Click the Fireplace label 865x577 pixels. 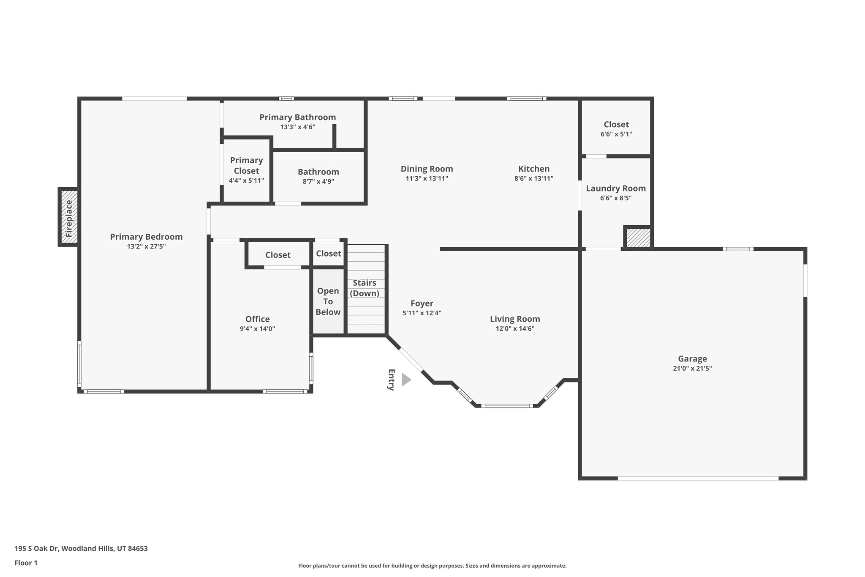pos(69,218)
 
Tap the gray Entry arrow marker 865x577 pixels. pos(406,380)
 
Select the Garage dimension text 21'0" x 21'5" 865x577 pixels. pos(692,368)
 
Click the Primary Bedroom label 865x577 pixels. pos(146,237)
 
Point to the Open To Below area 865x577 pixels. pos(328,301)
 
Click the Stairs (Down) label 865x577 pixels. pos(364,288)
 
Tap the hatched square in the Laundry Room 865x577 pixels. pos(638,238)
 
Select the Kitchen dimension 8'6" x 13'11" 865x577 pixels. pos(533,178)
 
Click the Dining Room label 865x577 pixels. pos(427,169)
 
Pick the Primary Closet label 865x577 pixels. pos(246,165)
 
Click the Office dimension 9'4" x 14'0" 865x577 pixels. pos(257,329)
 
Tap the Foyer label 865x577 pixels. pos(422,304)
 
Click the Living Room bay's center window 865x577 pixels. pos(507,406)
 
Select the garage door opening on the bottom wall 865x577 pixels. pos(698,478)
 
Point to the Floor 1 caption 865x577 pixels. pos(26,563)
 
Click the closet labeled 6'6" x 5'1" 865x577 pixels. pos(616,129)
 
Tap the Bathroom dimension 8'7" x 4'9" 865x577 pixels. pos(318,181)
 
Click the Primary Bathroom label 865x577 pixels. pos(297,117)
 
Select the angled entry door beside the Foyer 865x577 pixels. pos(411,360)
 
